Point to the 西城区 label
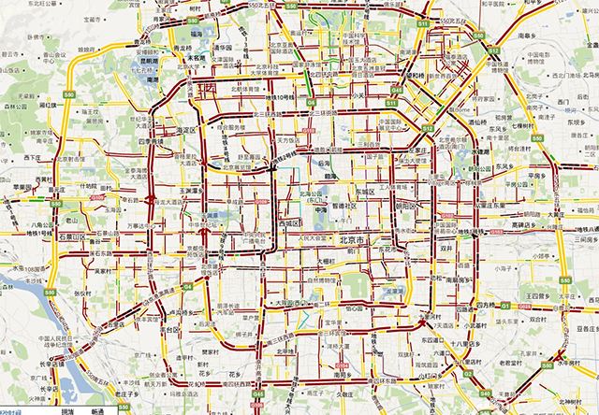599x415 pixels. tap(286, 224)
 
